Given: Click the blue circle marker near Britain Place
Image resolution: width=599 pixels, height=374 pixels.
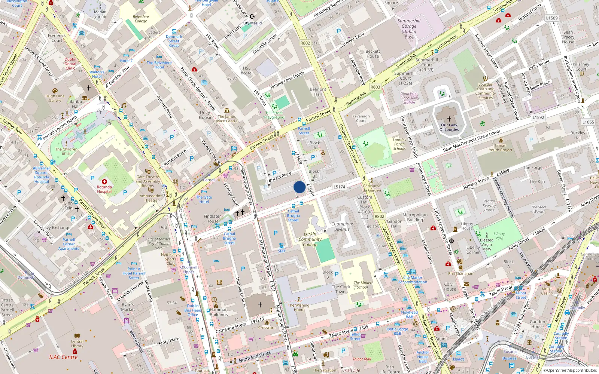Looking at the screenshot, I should (299, 187).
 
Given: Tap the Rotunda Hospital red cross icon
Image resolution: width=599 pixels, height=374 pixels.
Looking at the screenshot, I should (104, 182).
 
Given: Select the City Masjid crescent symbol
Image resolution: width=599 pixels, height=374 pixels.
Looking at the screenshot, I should (252, 16).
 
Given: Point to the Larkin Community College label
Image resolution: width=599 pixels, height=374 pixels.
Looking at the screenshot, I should (310, 239).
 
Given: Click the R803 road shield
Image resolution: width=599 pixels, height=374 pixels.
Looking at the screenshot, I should (375, 87).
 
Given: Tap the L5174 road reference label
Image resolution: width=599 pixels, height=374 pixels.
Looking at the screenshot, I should (339, 187).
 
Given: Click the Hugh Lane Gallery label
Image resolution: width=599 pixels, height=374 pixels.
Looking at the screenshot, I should (55, 98).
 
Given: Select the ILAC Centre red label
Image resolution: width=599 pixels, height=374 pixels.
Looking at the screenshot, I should (63, 357).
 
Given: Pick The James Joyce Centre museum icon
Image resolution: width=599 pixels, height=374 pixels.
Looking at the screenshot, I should (227, 110).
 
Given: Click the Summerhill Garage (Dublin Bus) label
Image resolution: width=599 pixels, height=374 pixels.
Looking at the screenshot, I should (409, 29).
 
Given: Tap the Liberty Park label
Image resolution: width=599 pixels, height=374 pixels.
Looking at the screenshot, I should (499, 236).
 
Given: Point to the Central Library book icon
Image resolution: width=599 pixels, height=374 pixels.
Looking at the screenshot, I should (77, 336).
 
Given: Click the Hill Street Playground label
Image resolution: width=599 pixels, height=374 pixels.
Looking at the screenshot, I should (274, 115).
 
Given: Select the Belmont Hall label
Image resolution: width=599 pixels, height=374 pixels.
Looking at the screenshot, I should (318, 92).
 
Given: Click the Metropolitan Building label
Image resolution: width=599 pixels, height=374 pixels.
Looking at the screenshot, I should (415, 217).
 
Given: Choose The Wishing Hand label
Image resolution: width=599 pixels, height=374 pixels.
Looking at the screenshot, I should (298, 307).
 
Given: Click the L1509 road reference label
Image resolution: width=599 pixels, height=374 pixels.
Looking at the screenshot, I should (551, 18).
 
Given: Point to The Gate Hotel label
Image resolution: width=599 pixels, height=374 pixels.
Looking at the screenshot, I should (204, 199).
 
